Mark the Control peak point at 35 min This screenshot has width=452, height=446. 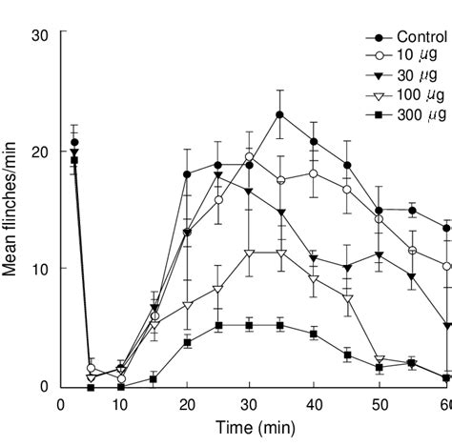280,114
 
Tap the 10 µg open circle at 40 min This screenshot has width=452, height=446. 314,173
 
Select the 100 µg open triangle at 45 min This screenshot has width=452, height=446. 347,298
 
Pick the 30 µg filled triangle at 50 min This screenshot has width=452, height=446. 380,255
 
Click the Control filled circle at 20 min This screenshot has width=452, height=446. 187,174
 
